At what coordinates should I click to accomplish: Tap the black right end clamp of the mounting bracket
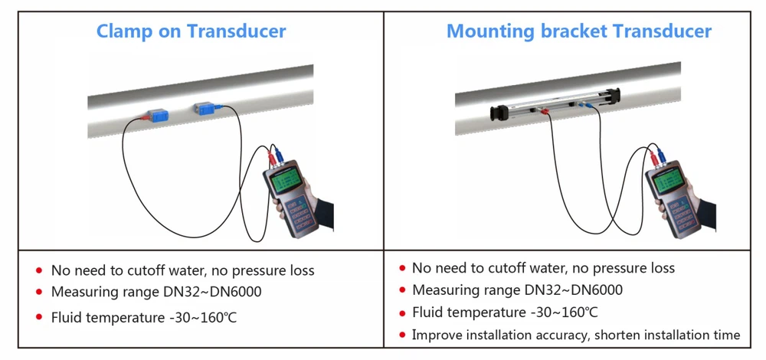pos(614,97)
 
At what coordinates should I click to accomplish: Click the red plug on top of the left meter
pos(272,159)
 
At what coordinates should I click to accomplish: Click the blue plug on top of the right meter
pos(661,155)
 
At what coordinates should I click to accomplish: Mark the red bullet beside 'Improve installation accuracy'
pos(402,335)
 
